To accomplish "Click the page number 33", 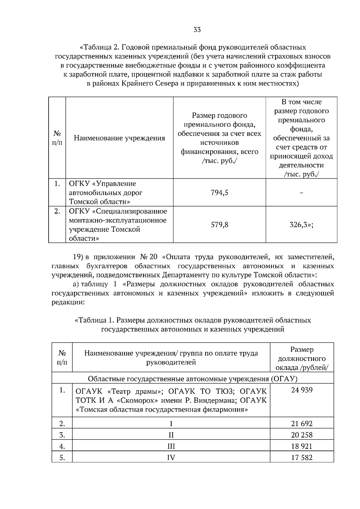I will [197, 30].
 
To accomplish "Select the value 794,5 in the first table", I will [220, 192].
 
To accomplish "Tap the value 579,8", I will [220, 225].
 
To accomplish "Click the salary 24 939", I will [301, 390].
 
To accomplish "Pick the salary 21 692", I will [301, 424].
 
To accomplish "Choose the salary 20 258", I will [301, 435].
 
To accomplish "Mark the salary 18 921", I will [301, 446].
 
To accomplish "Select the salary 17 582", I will [301, 457].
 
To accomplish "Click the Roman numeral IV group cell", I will [171, 457].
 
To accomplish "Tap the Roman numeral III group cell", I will [171, 446].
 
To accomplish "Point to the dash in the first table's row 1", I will [301, 193].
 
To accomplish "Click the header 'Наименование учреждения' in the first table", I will [119, 138].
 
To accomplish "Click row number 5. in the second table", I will [62, 457].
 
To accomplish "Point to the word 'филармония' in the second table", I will [227, 409].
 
